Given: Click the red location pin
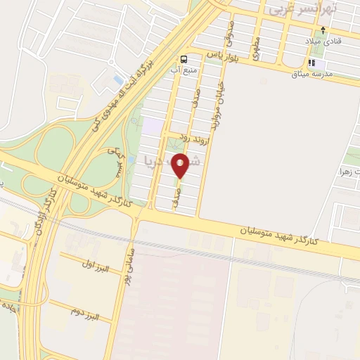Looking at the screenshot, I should pyautogui.click(x=181, y=165).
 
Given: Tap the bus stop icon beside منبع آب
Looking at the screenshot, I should pyautogui.click(x=183, y=60).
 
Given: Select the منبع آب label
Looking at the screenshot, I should pyautogui.click(x=181, y=70).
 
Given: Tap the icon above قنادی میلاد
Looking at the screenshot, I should pyautogui.click(x=323, y=30).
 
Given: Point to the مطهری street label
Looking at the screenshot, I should pyautogui.click(x=257, y=48).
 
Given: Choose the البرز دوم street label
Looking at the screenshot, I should pyautogui.click(x=84, y=311).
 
